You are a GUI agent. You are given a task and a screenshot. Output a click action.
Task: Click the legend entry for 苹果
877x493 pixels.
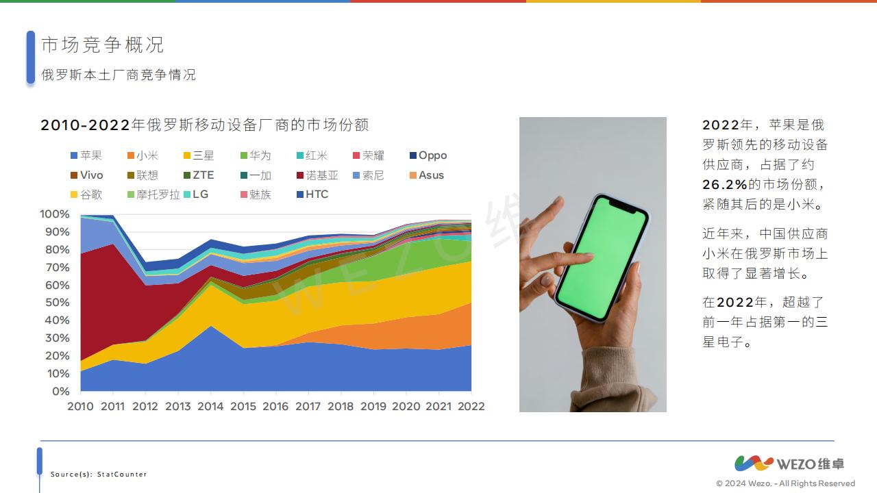pos(86,155)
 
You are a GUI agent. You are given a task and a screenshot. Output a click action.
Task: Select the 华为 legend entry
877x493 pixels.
pos(256,155)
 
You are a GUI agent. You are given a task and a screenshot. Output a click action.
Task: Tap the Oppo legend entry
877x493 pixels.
pos(428,155)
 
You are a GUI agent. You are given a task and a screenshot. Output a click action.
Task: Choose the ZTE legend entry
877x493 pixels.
pos(199,175)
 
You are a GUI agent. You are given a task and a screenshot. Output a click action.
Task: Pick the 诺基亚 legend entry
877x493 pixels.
pos(317,175)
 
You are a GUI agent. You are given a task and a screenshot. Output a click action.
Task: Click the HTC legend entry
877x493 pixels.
pos(312,194)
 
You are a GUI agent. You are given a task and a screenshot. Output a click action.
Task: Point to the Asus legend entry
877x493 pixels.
pos(427,175)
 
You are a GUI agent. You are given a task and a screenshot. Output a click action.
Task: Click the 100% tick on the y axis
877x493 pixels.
pos(54,214)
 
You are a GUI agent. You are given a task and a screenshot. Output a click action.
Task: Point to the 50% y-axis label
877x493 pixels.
pos(57,303)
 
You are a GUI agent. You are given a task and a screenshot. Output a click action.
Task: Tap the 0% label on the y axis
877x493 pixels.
pos(61,391)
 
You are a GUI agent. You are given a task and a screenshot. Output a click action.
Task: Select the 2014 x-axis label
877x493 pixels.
pos(210,406)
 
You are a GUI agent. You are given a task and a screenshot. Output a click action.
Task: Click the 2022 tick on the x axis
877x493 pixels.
pos(471,406)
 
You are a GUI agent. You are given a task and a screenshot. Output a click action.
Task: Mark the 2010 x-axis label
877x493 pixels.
pos(80,406)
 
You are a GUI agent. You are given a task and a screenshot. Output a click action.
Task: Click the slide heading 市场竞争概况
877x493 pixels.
pos(103,45)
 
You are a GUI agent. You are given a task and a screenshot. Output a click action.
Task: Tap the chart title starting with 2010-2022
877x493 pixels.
pos(205,125)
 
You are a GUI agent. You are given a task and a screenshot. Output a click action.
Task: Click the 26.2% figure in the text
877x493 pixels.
pos(725,184)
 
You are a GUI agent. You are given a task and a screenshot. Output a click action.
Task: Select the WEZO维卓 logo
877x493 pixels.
pos(789,464)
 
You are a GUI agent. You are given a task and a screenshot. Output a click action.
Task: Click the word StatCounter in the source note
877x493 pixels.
pos(122,475)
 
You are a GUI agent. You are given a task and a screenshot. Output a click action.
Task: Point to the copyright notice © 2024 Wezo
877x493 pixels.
pos(785,483)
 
